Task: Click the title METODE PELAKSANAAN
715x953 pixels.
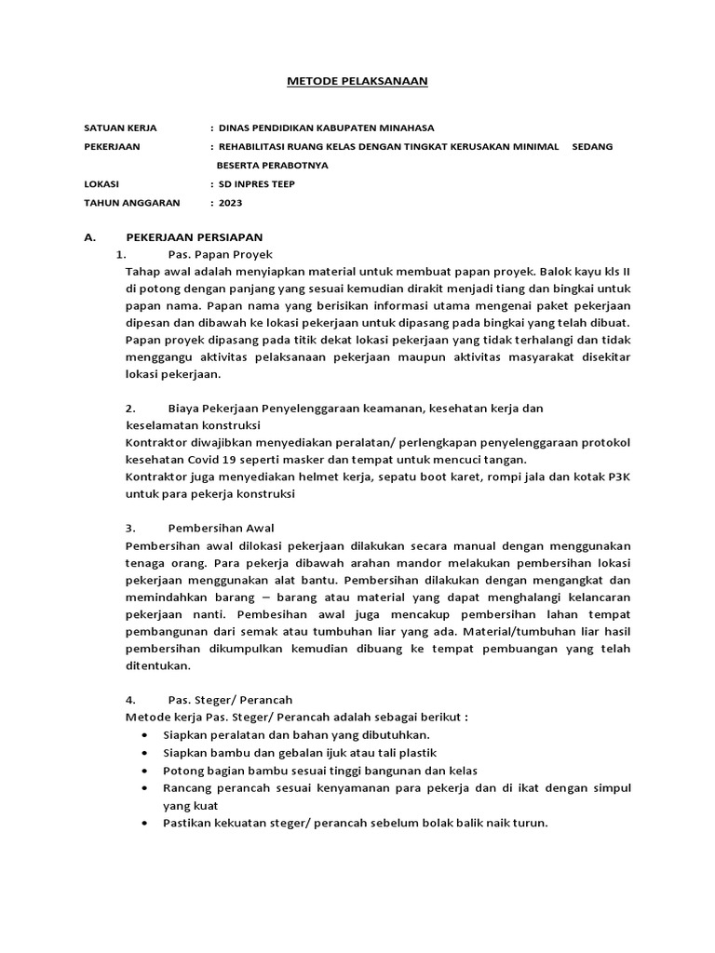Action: point(356,82)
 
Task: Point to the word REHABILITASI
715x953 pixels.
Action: point(257,146)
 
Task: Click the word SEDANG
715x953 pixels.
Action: point(592,146)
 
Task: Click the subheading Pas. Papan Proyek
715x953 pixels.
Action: point(220,254)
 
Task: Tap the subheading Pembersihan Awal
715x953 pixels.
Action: point(221,528)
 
